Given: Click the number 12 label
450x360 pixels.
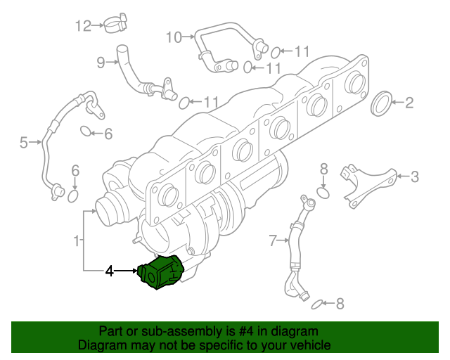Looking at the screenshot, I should (84, 26).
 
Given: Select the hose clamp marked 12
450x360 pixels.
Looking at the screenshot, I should (112, 25).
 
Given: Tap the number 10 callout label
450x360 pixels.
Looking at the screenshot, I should (173, 37).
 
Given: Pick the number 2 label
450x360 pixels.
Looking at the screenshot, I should (409, 103).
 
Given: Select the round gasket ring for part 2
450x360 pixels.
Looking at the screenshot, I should (381, 103).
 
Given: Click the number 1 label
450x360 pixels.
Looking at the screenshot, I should (76, 242).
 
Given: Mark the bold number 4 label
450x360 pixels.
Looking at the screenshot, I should (109, 270).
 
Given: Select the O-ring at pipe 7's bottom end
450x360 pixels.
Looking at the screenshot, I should (317, 304).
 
